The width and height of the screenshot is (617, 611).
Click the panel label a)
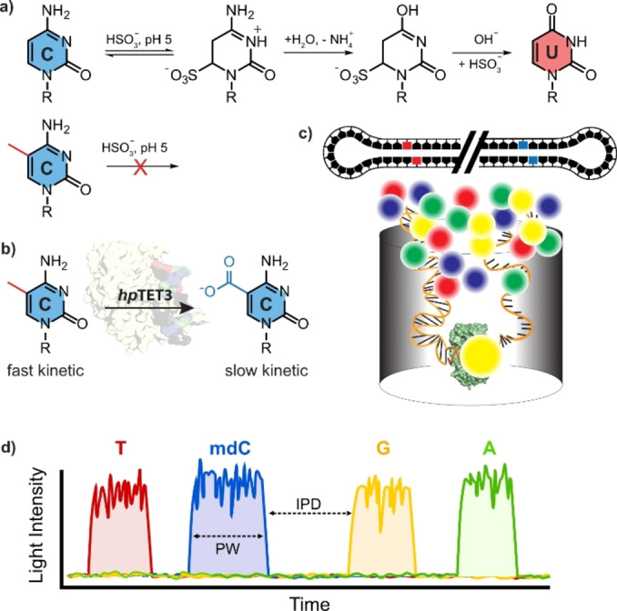coord(10,11)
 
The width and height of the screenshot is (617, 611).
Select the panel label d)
coord(10,447)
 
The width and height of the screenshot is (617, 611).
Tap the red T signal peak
coord(119,523)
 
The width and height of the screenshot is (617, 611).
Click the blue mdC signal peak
coord(228,518)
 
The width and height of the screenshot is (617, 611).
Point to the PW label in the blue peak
coord(228,552)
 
